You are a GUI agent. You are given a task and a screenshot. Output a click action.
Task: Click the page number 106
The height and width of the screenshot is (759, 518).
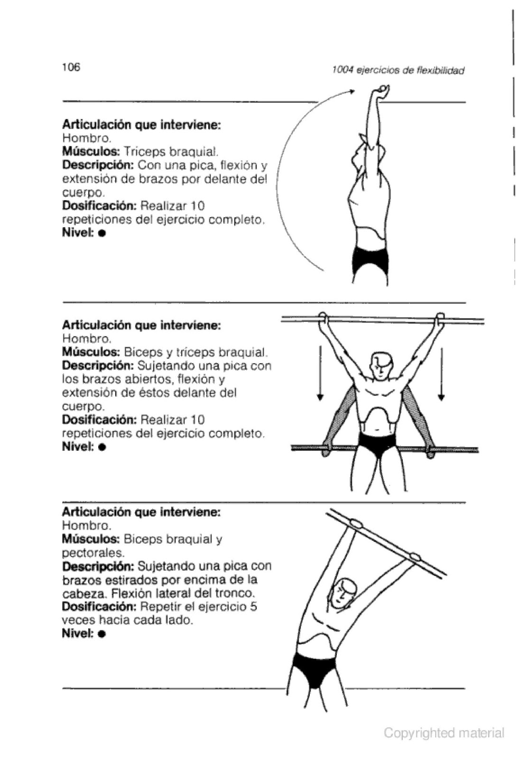coord(71,67)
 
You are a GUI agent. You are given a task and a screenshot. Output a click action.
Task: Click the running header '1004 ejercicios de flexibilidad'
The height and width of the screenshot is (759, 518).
coord(398,71)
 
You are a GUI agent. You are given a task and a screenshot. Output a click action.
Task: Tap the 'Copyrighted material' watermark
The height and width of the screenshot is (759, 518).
coord(444,733)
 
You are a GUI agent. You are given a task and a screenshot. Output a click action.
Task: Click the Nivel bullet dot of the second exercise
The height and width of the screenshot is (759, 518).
coord(102,447)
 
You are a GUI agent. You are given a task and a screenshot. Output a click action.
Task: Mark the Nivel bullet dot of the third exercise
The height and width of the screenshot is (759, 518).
coord(102,634)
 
